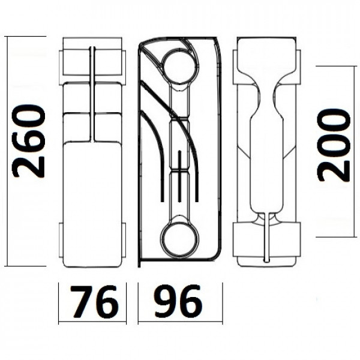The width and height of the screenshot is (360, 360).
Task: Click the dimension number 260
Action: [x=29, y=142]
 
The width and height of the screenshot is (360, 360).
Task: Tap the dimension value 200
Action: [x=334, y=145]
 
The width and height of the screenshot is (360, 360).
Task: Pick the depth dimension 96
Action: [x=178, y=302]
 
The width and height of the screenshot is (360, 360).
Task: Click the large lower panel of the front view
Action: [x=92, y=201]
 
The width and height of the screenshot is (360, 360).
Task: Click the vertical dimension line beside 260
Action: [x=7, y=150]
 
